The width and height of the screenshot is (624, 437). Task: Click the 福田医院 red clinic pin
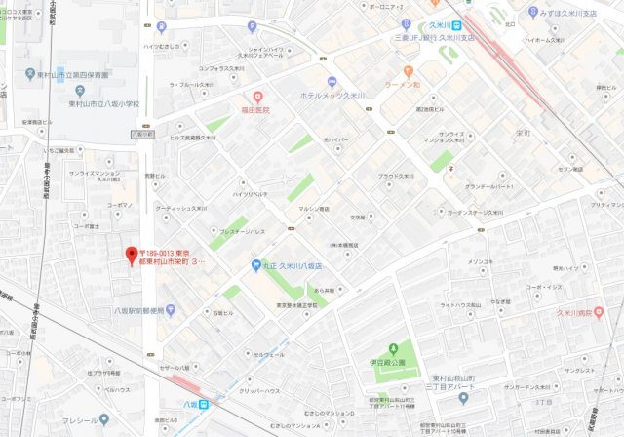[257, 97]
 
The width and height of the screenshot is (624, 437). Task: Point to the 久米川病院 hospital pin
[599, 312]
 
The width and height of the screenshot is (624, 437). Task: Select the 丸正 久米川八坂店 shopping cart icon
[256, 264]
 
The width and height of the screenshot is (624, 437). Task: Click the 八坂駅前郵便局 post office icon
[172, 310]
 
